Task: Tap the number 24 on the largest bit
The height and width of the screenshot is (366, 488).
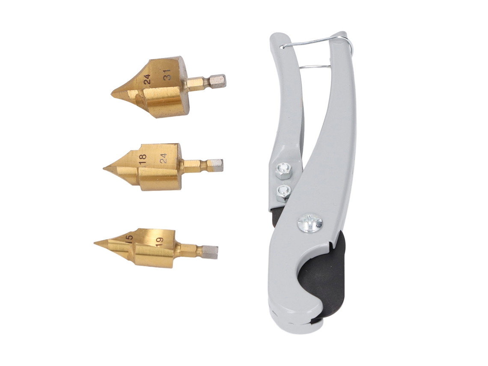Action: [147, 79]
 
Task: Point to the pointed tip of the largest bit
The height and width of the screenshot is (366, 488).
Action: [112, 93]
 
